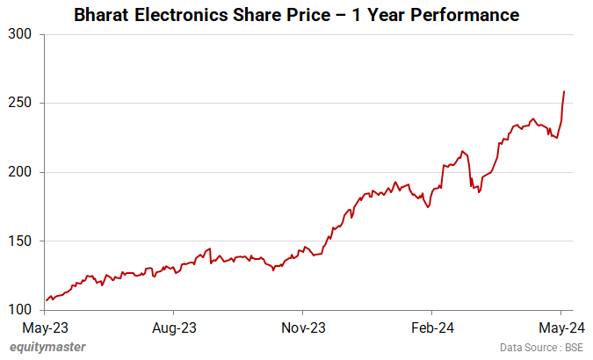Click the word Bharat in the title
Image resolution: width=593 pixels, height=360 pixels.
coord(104,16)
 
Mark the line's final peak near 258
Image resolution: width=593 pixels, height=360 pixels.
coord(564,91)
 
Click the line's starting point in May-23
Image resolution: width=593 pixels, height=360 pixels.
coord(47,300)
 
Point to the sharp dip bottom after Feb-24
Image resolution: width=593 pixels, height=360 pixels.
coord(479,192)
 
